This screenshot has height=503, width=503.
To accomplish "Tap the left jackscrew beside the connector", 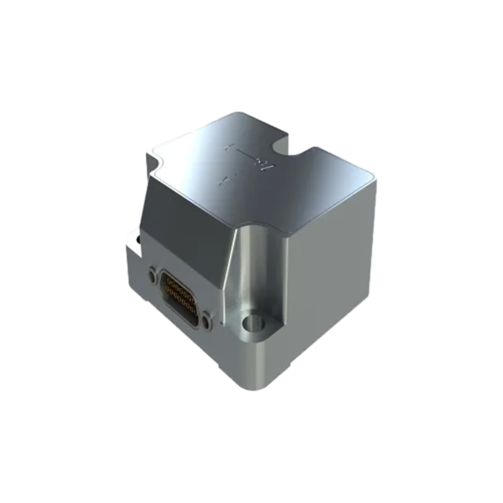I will pyautogui.click(x=152, y=274).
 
